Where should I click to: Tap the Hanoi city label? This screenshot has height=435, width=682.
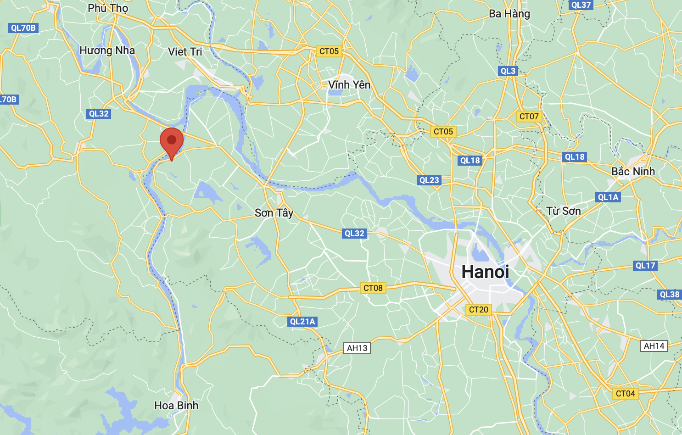(485, 272)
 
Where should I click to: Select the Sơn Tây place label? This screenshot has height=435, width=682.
(274, 213)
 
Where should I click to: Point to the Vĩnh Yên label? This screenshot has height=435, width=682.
(349, 85)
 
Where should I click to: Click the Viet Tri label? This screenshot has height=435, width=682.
(185, 52)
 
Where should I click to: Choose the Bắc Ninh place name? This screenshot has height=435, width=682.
(633, 172)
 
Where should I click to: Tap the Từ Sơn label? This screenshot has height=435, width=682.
(564, 211)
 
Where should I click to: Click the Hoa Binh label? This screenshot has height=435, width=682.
(176, 406)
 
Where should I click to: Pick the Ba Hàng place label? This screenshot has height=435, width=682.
(509, 14)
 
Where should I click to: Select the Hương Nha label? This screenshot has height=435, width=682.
(107, 50)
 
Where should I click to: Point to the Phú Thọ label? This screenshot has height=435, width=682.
(108, 8)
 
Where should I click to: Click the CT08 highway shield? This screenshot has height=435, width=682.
(373, 288)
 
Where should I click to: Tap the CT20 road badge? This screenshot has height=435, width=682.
(478, 310)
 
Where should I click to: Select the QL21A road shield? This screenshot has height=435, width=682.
(302, 322)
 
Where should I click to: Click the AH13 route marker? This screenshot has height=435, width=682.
(357, 348)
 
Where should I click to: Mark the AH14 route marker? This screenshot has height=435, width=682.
(654, 346)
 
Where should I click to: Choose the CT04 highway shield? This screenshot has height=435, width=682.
(625, 394)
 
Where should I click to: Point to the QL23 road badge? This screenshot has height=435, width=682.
(429, 180)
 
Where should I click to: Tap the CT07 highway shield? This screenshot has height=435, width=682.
(529, 117)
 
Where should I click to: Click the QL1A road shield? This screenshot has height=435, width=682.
(608, 197)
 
